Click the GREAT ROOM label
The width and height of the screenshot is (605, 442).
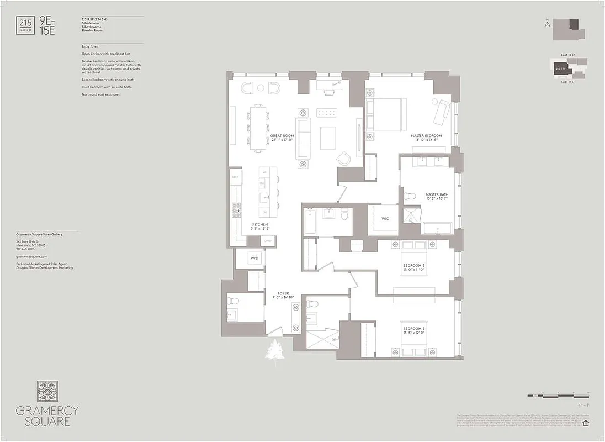tap(282, 136)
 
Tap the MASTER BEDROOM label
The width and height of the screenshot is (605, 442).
tap(426, 136)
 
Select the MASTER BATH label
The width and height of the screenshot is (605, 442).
tap(436, 195)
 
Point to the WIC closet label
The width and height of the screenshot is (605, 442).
tap(385, 219)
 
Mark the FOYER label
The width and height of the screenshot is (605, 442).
tap(283, 294)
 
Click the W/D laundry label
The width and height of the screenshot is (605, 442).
tap(254, 258)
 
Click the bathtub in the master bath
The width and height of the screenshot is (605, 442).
tap(437, 228)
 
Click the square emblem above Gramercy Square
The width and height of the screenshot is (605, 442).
tap(47, 391)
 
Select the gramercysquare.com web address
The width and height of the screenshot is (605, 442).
tap(32, 257)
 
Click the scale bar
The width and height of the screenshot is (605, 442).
tap(558, 396)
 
